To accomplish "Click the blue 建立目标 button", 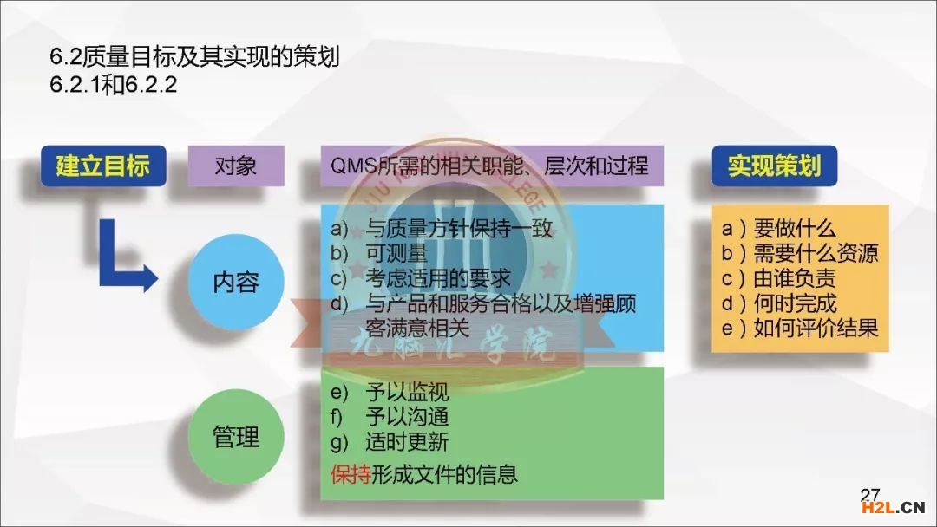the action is click(103, 166).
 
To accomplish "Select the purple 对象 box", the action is click(236, 166).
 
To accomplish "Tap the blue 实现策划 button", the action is click(775, 166).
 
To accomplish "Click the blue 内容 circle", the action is click(236, 282).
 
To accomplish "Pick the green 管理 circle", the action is click(236, 436).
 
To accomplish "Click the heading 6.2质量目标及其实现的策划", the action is click(195, 56).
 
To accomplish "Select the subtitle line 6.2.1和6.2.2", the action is click(114, 84).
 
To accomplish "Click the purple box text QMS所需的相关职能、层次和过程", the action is click(489, 166).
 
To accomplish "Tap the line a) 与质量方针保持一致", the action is click(442, 228).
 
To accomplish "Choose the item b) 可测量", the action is click(379, 253).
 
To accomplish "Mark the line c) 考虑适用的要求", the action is click(421, 278).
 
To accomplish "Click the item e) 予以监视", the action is click(390, 392).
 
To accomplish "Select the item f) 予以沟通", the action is click(390, 417).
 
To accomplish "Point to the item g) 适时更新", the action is click(390, 442).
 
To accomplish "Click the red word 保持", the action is click(351, 474).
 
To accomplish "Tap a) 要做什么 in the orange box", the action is click(778, 228).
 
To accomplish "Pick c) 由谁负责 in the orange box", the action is click(778, 278).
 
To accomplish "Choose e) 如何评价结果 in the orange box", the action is click(800, 328).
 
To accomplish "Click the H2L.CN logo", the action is click(893, 508).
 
